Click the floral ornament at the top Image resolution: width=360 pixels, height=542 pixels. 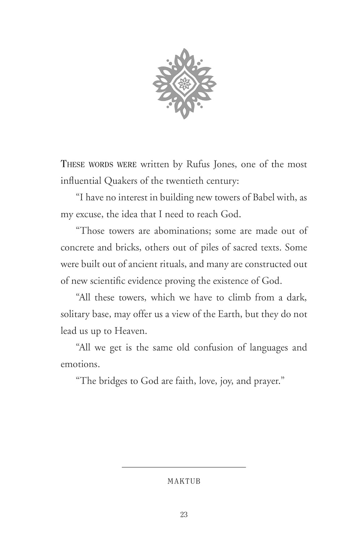(x=184, y=83)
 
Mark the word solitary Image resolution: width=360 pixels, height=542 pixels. (x=75, y=314)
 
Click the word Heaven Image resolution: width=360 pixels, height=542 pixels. (x=131, y=331)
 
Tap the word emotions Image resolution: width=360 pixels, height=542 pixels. (x=80, y=364)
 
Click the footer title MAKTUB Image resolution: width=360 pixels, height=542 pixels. (x=184, y=481)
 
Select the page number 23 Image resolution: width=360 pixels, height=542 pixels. (x=184, y=515)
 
